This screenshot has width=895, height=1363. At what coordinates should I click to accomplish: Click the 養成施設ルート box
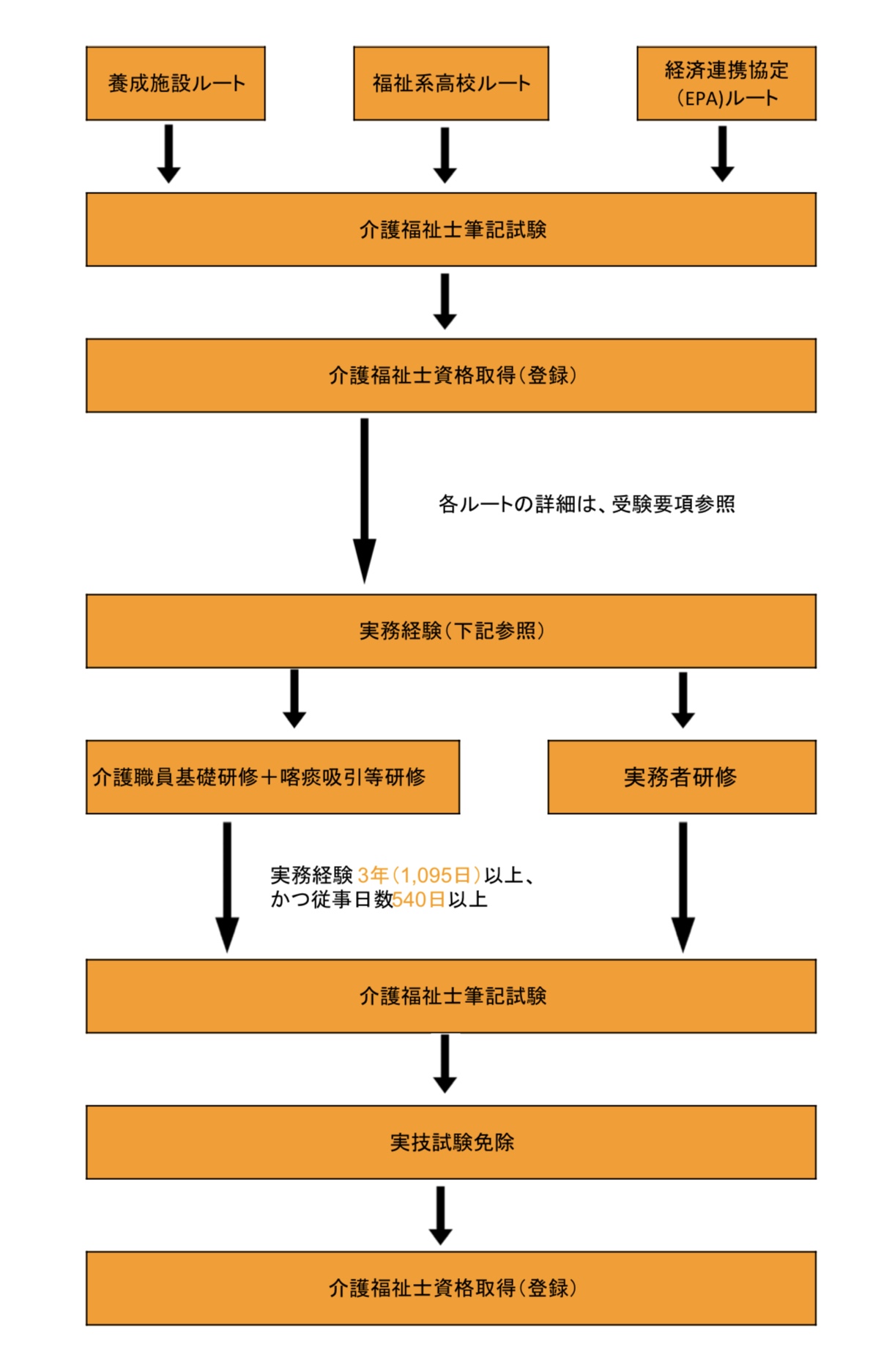point(176,83)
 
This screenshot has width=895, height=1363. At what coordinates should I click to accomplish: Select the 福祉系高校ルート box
point(451,83)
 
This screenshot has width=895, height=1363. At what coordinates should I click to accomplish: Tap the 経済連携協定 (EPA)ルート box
point(727,83)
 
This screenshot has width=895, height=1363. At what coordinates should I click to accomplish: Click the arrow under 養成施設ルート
point(168,154)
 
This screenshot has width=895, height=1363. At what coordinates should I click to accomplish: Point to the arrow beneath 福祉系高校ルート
point(445,155)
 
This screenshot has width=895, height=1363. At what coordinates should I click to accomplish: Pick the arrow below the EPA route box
point(722,154)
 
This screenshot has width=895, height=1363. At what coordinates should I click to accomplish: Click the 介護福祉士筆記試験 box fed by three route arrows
point(451,230)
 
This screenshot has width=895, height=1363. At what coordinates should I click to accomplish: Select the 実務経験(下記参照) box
point(451,631)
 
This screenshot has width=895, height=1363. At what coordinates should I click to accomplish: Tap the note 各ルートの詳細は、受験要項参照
point(587,504)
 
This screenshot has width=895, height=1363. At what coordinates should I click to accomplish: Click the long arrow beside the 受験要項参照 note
point(365,501)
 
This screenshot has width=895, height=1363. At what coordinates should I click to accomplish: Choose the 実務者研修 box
point(682,777)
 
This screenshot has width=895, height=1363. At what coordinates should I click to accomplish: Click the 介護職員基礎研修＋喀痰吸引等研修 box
point(272,777)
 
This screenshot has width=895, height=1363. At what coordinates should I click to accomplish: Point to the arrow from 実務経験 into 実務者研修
point(683,700)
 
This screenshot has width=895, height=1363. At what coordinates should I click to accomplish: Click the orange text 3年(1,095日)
point(419,875)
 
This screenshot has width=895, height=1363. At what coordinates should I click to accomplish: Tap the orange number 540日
point(419,900)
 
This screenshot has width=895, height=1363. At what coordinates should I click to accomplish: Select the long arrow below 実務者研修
point(683,886)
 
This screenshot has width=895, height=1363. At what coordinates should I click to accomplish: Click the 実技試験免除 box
point(451,1142)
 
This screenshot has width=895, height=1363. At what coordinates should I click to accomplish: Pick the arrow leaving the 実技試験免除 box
point(440,1215)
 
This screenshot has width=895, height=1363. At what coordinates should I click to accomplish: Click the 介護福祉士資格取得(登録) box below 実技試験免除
point(451,1288)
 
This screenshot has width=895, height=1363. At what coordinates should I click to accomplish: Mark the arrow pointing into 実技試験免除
point(445,1064)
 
